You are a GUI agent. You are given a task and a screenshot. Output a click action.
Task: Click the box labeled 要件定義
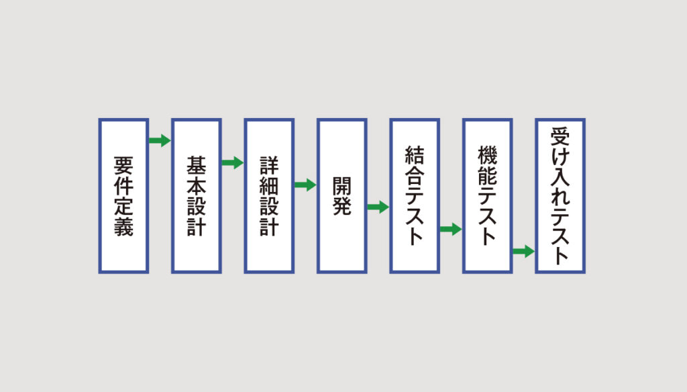(123, 196)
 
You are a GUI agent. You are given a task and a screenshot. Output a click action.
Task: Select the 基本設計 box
(197, 196)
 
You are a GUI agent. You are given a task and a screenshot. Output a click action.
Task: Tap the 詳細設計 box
(269, 196)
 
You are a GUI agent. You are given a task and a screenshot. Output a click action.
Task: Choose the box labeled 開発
(341, 196)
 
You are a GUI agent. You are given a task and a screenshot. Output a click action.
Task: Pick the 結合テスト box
(415, 196)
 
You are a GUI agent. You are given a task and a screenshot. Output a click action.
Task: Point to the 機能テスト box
(487, 196)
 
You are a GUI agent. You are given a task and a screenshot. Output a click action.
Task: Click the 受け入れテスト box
(560, 196)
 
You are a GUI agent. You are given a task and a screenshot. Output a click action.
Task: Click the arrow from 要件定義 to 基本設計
(160, 140)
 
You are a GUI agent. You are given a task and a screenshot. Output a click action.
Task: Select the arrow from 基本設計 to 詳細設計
(233, 162)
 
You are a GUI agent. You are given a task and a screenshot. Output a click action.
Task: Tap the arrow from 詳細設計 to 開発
(305, 185)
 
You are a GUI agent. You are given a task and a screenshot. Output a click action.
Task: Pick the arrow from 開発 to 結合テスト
(378, 207)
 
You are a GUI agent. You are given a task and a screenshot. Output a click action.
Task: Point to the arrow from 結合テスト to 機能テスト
(451, 229)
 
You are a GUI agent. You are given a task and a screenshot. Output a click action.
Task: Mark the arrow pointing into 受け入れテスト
(523, 251)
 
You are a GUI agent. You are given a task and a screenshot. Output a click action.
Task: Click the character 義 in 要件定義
(123, 227)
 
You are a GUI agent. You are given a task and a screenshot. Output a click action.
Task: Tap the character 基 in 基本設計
(197, 165)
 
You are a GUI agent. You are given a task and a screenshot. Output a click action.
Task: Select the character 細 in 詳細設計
(269, 186)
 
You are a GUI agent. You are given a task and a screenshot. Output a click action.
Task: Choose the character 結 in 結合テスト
(415, 155)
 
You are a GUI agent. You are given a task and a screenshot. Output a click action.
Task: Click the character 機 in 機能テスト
(487, 155)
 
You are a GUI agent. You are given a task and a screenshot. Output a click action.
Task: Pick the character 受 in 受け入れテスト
(560, 136)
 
